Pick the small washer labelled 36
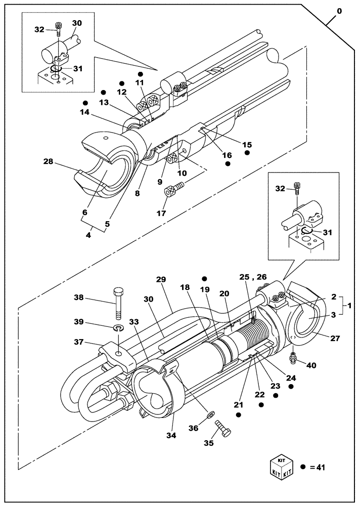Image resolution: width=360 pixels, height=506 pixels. pos(209,417)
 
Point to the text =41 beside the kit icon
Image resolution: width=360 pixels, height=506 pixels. pos(317,468)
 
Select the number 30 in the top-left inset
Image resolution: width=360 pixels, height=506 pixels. pos(77,23)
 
